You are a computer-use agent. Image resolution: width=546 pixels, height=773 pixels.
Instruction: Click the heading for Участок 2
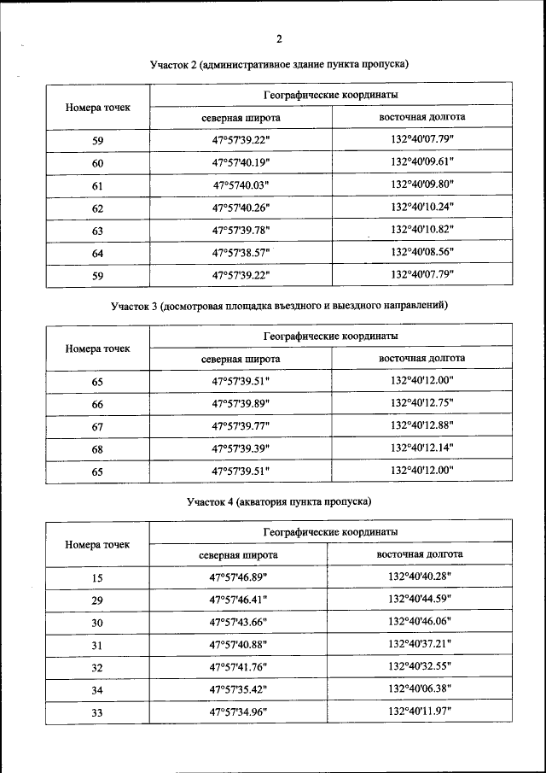(280, 64)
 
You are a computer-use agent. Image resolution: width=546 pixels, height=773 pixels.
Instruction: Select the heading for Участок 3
(279, 305)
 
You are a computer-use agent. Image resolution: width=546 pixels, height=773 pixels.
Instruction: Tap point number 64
(97, 252)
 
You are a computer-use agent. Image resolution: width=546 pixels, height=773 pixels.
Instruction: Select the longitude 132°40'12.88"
(421, 425)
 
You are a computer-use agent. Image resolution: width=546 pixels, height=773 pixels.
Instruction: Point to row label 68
(97, 448)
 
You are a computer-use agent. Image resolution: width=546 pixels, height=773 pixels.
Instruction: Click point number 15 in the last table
(97, 578)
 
